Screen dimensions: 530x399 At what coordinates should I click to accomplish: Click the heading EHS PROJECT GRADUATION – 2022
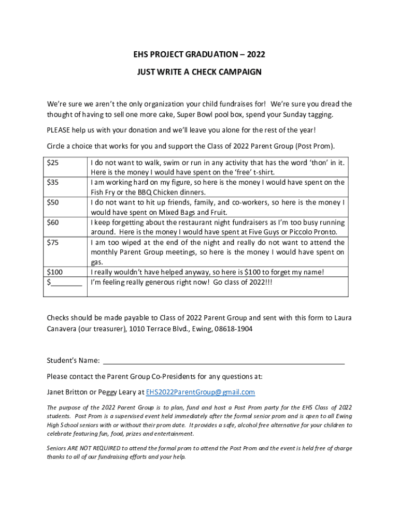click(x=199, y=55)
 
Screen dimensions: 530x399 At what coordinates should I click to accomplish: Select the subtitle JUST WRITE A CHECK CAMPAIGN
click(x=199, y=72)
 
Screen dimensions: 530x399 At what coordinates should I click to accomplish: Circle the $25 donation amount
click(x=52, y=163)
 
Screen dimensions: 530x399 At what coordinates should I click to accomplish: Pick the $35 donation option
click(x=52, y=182)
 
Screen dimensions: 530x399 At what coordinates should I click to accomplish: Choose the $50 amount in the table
click(x=52, y=202)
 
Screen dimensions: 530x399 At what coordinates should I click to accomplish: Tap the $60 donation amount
click(x=52, y=222)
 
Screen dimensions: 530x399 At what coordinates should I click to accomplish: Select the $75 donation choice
click(x=52, y=242)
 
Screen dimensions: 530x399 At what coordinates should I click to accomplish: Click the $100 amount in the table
click(x=54, y=272)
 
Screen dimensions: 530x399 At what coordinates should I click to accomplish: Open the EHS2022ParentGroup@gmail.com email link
click(x=200, y=392)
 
